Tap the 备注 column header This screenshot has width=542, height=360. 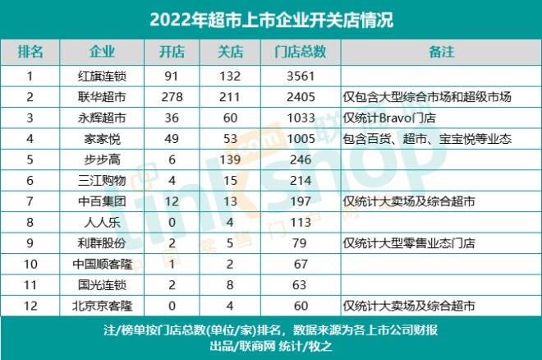[442, 52]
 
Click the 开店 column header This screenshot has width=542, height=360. [173, 52]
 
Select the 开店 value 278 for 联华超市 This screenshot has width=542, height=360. [173, 97]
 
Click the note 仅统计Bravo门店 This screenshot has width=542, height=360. [395, 118]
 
